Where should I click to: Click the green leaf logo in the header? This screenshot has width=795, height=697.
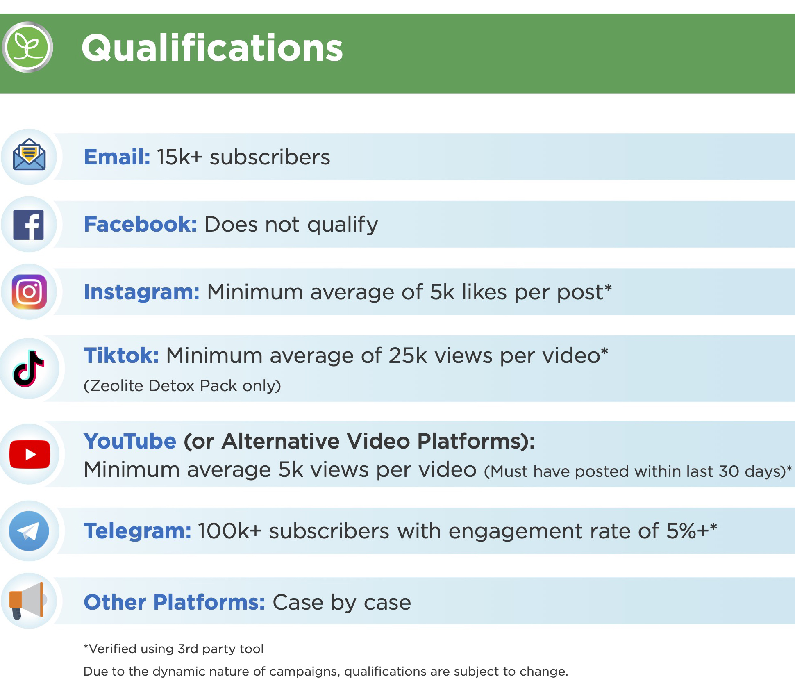point(27,47)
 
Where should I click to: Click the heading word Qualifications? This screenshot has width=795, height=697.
point(212,48)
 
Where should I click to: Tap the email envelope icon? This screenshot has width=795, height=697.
point(29,155)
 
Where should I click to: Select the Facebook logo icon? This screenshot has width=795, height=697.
point(29,225)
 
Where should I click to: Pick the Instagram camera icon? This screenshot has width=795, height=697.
point(29,292)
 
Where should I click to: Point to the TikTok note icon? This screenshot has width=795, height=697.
point(29,369)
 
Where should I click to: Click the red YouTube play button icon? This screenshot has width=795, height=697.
point(30,454)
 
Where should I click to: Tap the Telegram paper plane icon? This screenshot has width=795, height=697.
point(29,531)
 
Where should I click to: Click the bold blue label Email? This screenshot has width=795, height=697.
point(117,157)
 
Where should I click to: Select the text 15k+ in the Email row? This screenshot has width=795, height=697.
point(179,157)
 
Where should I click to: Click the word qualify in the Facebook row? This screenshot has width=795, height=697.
point(343,225)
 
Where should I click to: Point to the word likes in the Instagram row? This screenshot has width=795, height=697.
point(484,292)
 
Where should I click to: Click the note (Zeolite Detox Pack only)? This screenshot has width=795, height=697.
point(182,386)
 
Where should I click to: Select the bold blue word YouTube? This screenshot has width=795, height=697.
point(130,441)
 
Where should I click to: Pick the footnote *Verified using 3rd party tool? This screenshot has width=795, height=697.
point(173,649)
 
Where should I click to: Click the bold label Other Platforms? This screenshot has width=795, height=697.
point(175,602)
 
